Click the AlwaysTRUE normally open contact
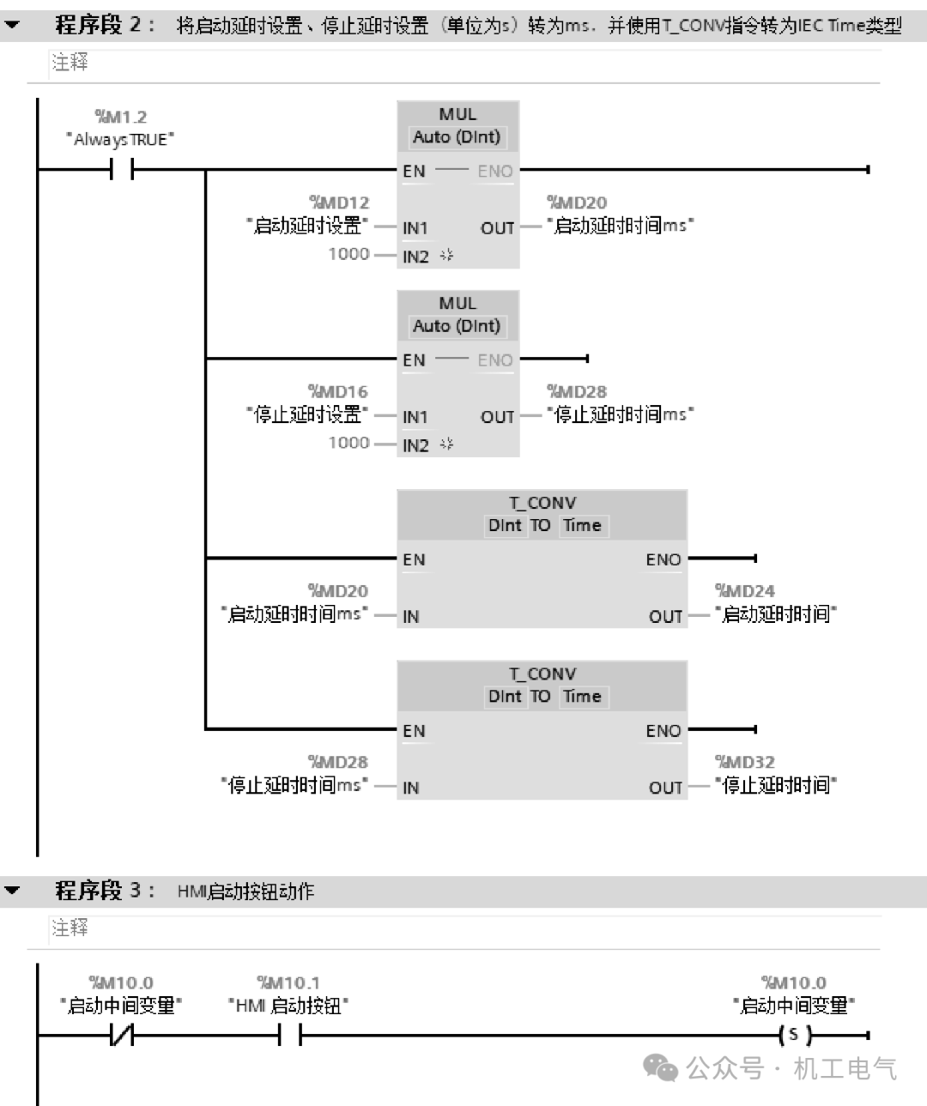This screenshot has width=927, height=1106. click(x=122, y=171)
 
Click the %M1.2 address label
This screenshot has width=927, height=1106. click(x=121, y=117)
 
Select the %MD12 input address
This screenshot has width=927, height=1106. click(x=340, y=202)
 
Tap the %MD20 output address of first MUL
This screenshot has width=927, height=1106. click(x=577, y=202)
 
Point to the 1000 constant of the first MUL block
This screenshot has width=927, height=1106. click(x=348, y=254)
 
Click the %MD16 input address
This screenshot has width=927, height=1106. click(x=338, y=391)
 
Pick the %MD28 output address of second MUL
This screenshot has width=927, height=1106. click(x=577, y=391)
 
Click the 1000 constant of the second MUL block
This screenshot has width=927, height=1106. click(x=348, y=443)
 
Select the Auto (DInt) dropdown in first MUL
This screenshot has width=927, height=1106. click(x=457, y=137)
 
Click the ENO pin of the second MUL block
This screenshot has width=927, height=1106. click(x=495, y=360)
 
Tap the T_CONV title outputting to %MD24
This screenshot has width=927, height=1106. click(x=542, y=503)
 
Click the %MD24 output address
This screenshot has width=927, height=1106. click(x=745, y=591)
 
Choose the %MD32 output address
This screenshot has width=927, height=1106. click(x=745, y=762)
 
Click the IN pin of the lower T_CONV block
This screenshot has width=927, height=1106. click(x=411, y=788)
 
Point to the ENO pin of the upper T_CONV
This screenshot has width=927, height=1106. click(x=663, y=559)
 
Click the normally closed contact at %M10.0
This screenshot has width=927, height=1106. click(x=122, y=1036)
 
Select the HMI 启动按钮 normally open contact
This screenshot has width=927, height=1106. click(x=290, y=1036)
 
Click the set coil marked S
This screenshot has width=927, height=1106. click(x=794, y=1036)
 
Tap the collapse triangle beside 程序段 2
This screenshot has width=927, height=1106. click(x=12, y=25)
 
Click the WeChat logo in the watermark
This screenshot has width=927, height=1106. click(x=661, y=1067)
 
